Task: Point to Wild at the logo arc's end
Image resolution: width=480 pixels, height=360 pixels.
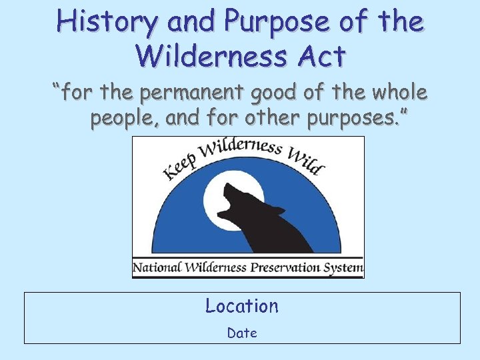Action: [306, 160]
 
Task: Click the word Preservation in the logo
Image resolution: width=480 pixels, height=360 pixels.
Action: [289, 269]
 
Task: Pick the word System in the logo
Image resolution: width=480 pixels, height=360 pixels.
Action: [346, 269]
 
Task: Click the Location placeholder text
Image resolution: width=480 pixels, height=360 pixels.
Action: [241, 306]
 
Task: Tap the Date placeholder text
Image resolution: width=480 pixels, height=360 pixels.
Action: [241, 333]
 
